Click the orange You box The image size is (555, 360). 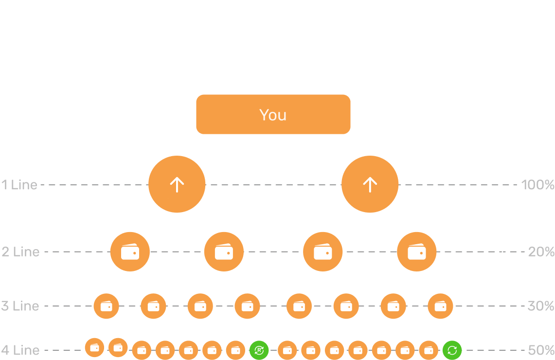click(273, 114)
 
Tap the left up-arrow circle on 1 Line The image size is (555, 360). click(177, 184)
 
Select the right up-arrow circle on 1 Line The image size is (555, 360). click(370, 184)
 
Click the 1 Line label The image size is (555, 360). click(19, 185)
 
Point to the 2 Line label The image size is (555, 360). click(20, 252)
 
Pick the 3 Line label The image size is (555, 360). click(20, 306)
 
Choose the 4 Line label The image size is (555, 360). click(20, 350)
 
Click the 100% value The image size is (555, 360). click(537, 185)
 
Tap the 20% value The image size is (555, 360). click(541, 252)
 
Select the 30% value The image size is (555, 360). click(541, 306)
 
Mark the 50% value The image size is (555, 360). click(541, 350)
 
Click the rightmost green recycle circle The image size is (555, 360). click(452, 350)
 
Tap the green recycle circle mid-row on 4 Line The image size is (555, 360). click(259, 350)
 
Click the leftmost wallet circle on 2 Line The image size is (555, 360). click(130, 252)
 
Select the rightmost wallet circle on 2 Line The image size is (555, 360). click(417, 252)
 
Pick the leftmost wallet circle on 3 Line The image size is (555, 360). click(106, 306)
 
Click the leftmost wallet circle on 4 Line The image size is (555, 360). click(94, 347)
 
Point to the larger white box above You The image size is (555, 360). click(273, 54)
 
